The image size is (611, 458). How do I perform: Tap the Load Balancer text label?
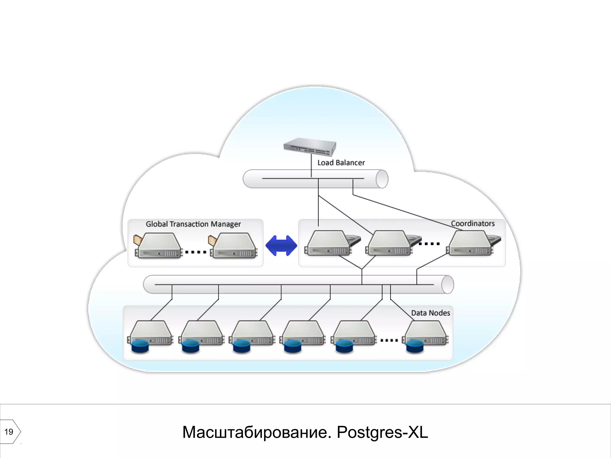tap(341, 163)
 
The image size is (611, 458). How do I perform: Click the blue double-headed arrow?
tap(281, 245)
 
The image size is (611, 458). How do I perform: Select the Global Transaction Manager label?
tap(193, 224)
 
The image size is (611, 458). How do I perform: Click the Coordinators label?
tap(473, 224)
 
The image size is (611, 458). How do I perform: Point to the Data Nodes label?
tap(430, 313)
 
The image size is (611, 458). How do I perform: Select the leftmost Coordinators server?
tap(328, 243)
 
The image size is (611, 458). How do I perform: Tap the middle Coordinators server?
tap(389, 243)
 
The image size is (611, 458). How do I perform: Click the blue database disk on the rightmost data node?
tap(415, 346)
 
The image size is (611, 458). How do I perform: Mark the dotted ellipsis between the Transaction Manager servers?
tap(196, 252)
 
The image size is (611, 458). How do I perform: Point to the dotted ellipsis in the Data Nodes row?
tap(389, 340)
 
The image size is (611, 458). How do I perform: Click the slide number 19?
tap(9, 432)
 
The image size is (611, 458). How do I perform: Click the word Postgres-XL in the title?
tap(382, 432)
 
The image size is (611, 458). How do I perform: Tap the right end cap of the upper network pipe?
tap(382, 179)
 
